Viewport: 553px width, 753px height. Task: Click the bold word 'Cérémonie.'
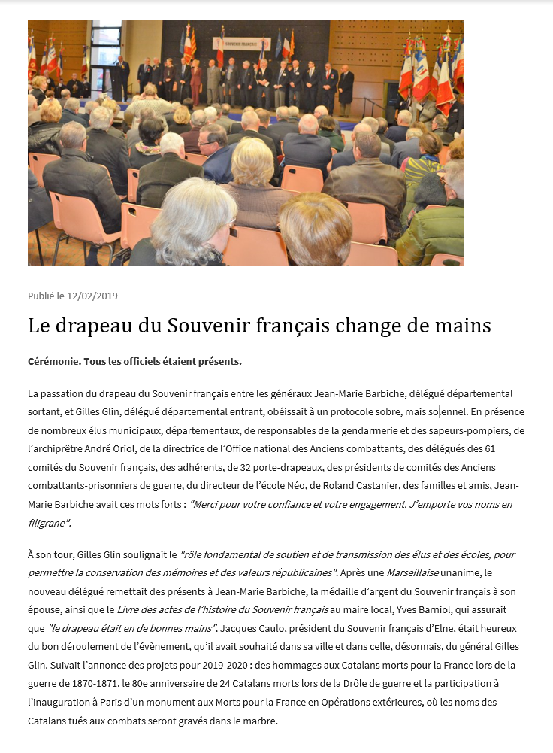pos(53,361)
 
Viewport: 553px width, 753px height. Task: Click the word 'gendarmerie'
pos(385,430)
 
